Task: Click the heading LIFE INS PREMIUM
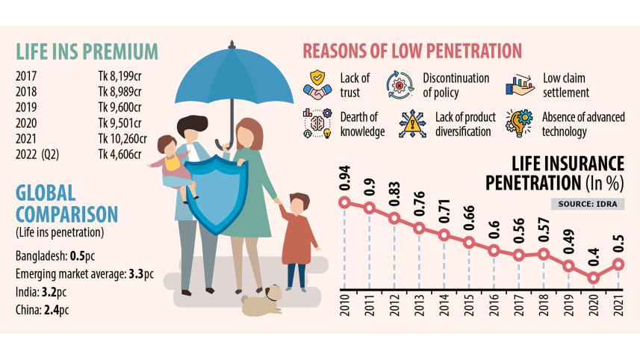(x=87, y=52)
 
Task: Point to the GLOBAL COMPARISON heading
(x=66, y=204)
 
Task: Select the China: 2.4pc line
(x=40, y=307)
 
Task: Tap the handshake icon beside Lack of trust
(x=317, y=84)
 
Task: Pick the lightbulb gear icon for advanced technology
(x=520, y=123)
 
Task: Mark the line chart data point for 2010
(x=344, y=202)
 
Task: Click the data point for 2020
(x=594, y=278)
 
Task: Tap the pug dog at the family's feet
(x=261, y=300)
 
